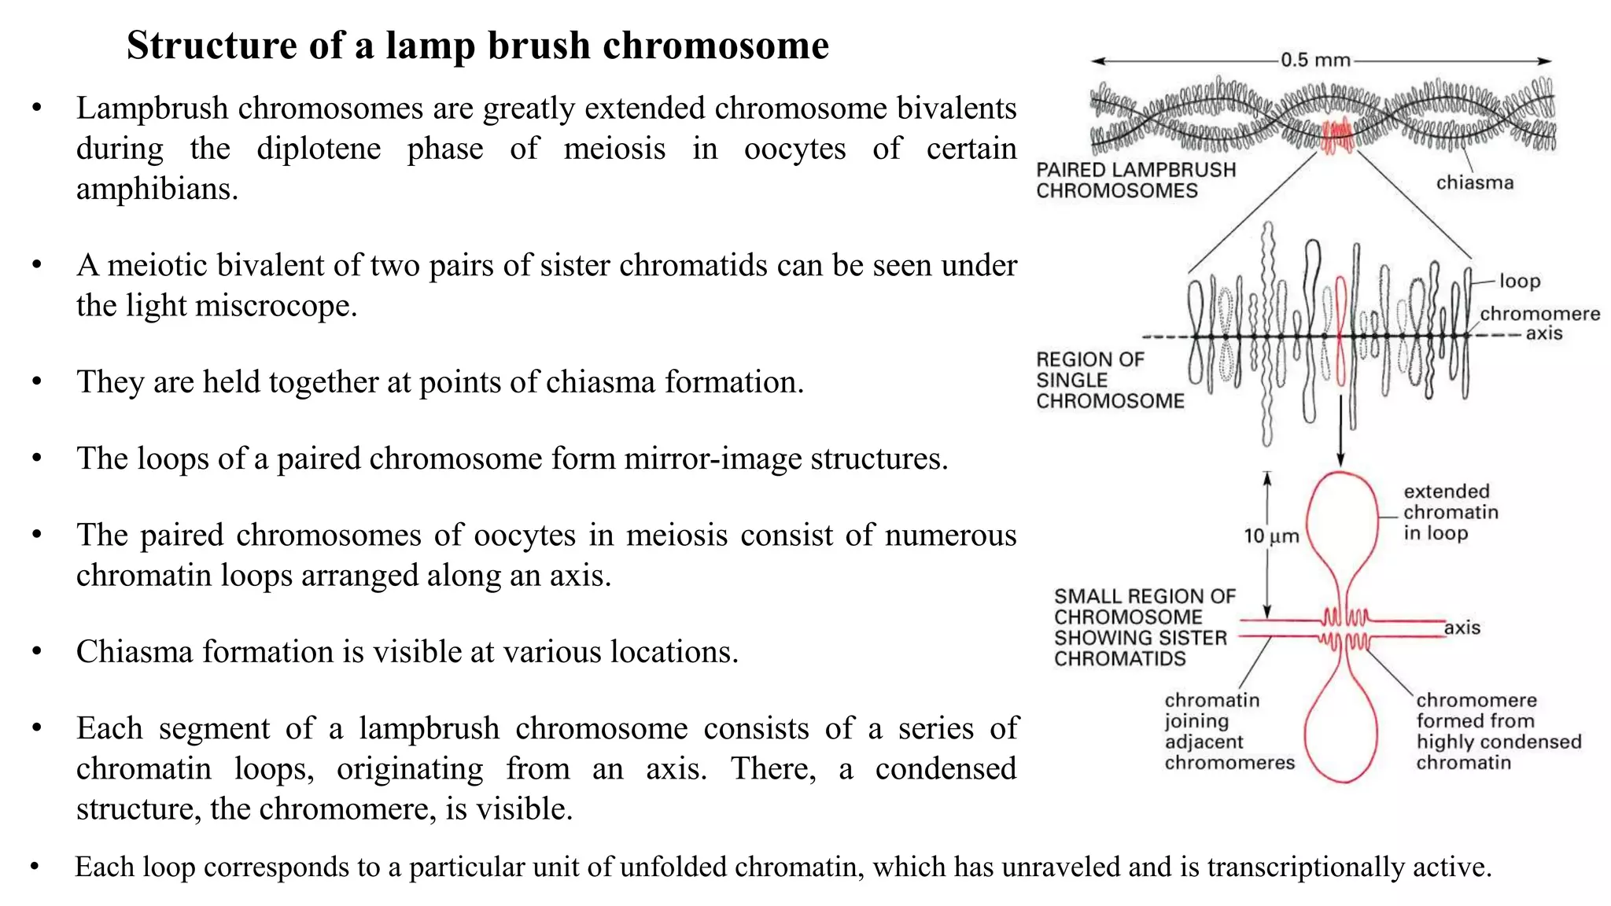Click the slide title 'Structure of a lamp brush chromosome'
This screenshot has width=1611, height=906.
pyautogui.click(x=477, y=46)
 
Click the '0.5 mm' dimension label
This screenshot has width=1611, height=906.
pyautogui.click(x=1315, y=60)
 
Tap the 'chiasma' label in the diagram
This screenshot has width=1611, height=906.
pyautogui.click(x=1474, y=182)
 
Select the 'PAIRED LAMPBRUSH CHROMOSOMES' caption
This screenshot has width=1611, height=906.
pyautogui.click(x=1135, y=180)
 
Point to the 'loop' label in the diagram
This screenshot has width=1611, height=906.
pyautogui.click(x=1519, y=281)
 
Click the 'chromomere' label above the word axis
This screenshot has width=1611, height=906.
pyautogui.click(x=1539, y=314)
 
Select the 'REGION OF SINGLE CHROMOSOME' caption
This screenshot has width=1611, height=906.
pyautogui.click(x=1109, y=380)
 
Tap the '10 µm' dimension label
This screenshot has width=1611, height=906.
pyautogui.click(x=1271, y=536)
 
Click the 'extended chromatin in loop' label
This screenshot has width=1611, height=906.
pyautogui.click(x=1450, y=512)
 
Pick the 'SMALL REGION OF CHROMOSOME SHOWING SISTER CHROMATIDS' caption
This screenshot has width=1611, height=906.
pyautogui.click(x=1144, y=627)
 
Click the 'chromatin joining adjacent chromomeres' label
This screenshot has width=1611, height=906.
pyautogui.click(x=1229, y=731)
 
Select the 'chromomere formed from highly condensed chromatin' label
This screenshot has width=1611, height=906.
pyautogui.click(x=1498, y=731)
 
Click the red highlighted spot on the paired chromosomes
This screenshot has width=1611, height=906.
pyautogui.click(x=1336, y=134)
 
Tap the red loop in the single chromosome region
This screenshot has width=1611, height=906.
pyautogui.click(x=1340, y=330)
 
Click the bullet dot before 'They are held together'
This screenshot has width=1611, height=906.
pyautogui.click(x=37, y=381)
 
